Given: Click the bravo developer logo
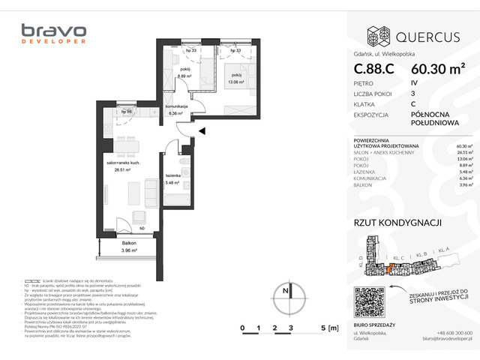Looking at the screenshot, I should pyautogui.click(x=53, y=34).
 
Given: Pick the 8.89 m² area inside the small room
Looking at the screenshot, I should pyautogui.click(x=183, y=76).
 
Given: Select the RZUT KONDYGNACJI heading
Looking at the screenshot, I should pyautogui.click(x=397, y=222).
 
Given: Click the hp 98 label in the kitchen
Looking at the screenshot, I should pyautogui.click(x=129, y=111).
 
